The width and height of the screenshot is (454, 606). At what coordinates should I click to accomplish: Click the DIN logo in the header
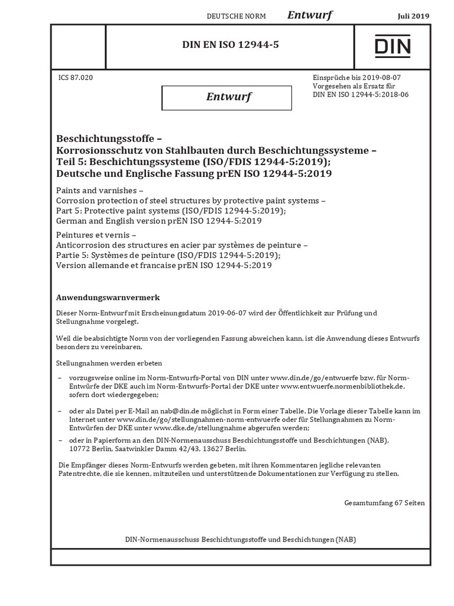[393, 46]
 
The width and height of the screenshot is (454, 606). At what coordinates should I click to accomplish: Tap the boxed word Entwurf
[227, 97]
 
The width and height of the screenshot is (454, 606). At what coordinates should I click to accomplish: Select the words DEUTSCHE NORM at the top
[236, 17]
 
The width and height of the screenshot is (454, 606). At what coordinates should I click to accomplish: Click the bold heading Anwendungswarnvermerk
[108, 297]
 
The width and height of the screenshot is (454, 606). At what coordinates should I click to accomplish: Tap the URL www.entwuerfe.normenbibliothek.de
[342, 386]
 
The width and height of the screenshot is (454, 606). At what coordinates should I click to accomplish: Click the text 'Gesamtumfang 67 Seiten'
[384, 502]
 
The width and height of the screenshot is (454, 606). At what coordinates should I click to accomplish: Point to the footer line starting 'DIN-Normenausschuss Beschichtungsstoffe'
[241, 540]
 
